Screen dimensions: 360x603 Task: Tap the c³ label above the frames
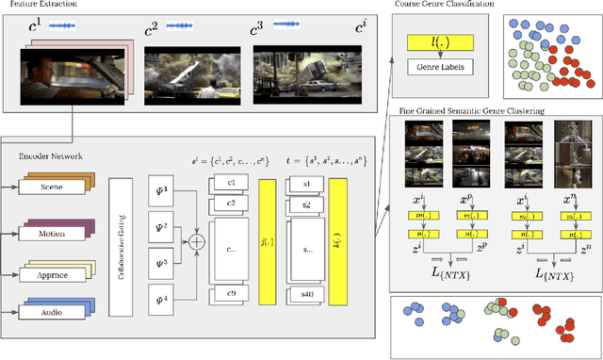(x=257, y=29)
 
